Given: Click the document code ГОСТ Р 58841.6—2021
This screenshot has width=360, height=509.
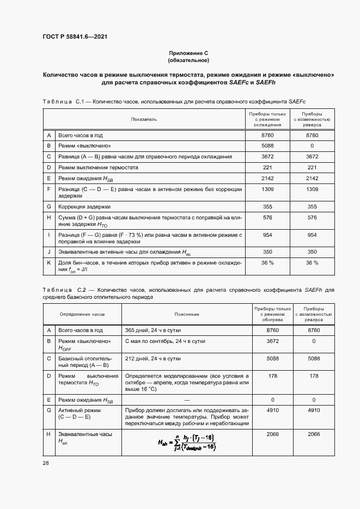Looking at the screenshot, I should (x=74, y=36).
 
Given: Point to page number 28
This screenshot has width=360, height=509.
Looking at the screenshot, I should (x=45, y=463).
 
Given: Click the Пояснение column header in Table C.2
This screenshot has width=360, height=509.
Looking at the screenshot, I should (x=187, y=314).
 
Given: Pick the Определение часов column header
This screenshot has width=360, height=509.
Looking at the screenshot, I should (x=82, y=314).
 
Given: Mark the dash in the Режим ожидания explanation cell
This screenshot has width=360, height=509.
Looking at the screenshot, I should (x=187, y=400).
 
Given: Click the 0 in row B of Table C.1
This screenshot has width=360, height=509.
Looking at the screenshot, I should (x=312, y=146).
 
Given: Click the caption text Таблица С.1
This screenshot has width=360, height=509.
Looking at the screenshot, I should (x=61, y=101).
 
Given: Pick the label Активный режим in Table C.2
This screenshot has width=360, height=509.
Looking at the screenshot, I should (x=76, y=411).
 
